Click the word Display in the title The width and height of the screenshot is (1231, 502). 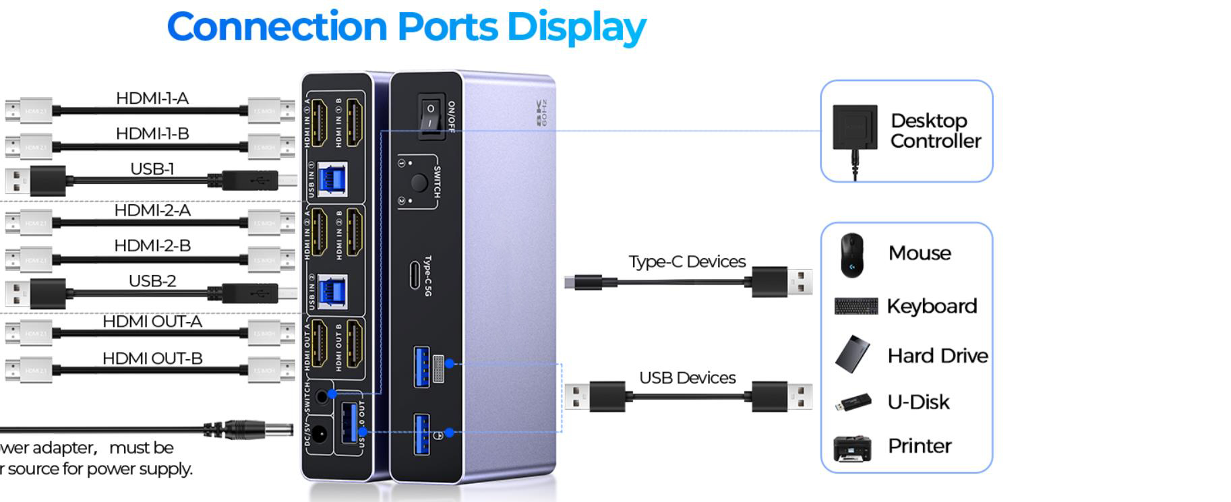(576, 27)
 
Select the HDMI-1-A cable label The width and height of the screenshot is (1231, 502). (152, 98)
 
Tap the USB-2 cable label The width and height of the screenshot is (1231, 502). (152, 280)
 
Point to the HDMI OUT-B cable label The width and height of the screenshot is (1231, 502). (152, 358)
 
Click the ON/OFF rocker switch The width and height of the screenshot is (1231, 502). (430, 115)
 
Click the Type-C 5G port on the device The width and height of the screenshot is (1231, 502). (415, 276)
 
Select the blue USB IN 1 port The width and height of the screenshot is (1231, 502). (331, 180)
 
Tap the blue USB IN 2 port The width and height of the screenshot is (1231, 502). (331, 292)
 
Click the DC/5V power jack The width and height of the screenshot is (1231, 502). (321, 433)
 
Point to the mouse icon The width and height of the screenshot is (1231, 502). (852, 255)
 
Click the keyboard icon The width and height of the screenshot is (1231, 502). (856, 307)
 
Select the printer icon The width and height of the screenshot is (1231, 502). (852, 447)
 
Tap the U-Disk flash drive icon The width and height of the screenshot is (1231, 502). (853, 403)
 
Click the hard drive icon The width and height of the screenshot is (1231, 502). (853, 354)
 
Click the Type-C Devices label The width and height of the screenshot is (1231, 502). (687, 261)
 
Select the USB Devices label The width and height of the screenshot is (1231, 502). (687, 378)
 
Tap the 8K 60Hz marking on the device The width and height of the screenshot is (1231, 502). (541, 113)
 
